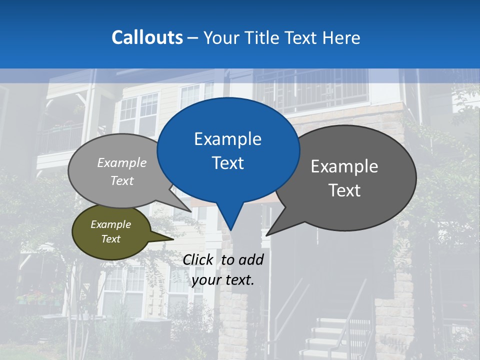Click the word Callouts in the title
pyautogui.click(x=147, y=37)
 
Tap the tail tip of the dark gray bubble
pyautogui.click(x=268, y=234)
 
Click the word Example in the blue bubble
pyautogui.click(x=227, y=139)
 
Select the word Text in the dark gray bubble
pyautogui.click(x=344, y=190)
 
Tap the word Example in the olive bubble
pyautogui.click(x=110, y=224)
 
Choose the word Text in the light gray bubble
pyautogui.click(x=122, y=181)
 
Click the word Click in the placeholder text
pyautogui.click(x=198, y=259)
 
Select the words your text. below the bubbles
pyautogui.click(x=223, y=280)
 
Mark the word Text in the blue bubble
pyautogui.click(x=228, y=163)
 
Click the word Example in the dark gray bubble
pyautogui.click(x=344, y=166)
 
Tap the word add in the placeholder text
pyautogui.click(x=251, y=259)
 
